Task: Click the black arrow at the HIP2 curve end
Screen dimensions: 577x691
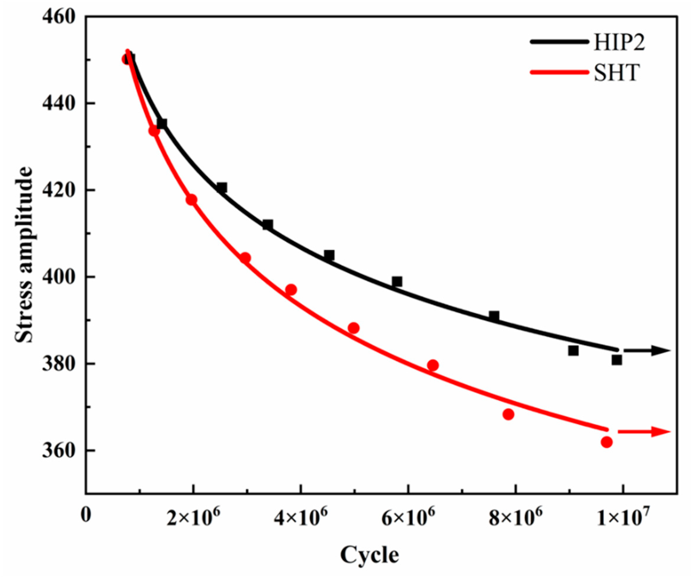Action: coord(647,351)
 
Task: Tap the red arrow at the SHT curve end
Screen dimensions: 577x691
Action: coord(643,432)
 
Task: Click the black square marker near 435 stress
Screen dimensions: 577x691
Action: coord(162,124)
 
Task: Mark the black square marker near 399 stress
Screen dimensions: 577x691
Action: coord(397,281)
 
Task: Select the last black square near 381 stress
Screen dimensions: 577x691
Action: coord(617,360)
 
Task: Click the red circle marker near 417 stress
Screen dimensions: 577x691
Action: coord(192,200)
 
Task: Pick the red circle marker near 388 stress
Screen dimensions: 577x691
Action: coord(353,328)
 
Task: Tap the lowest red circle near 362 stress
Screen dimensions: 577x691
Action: coord(606,442)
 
